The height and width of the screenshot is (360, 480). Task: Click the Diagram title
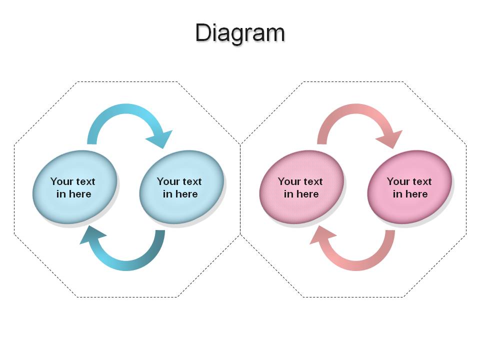[x=240, y=33]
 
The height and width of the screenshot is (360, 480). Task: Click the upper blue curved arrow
[x=126, y=108]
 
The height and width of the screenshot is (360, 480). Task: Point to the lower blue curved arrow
[x=126, y=265]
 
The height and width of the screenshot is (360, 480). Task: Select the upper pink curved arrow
[x=356, y=108]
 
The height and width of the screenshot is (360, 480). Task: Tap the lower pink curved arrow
[x=356, y=265]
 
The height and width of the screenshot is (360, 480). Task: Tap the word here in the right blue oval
[x=186, y=194]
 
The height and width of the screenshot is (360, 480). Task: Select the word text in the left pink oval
[x=312, y=181]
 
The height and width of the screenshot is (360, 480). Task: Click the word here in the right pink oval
[x=416, y=194]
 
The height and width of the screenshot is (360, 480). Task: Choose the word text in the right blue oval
[x=191, y=181]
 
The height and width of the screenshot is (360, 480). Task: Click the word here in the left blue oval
[x=79, y=194]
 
